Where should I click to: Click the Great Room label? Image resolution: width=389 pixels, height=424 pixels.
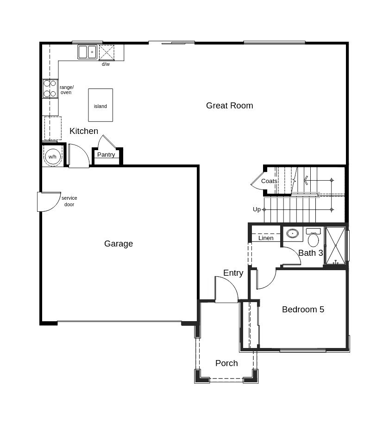coord(229,106)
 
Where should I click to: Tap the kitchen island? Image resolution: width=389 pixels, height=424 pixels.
coord(100,105)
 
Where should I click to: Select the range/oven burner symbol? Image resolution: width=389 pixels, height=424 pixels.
coord(50,89)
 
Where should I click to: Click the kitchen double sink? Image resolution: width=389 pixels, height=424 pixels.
coord(87,52)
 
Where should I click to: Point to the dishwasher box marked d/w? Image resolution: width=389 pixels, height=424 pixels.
coord(107,52)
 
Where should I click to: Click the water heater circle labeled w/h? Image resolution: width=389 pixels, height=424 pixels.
coord(52,156)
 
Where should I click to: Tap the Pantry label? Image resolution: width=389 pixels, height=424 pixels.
coord(106,155)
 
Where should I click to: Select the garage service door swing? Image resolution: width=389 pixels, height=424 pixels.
coord(49,202)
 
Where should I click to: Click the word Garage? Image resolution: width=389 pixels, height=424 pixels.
coord(119,244)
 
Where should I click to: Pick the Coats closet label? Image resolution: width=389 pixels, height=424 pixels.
coord(269,181)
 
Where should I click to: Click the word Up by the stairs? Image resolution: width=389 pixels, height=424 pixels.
coord(257,209)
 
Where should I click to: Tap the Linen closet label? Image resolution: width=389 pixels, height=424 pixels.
coord(266,238)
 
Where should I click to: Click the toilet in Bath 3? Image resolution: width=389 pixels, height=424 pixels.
coord(314,238)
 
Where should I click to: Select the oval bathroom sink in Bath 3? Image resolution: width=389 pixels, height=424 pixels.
coord(292,234)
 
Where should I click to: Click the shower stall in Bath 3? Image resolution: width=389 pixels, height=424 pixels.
coord(336,246)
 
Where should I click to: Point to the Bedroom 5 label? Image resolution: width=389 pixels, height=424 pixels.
coord(303,310)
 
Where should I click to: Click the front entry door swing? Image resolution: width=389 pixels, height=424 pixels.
coord(226,290)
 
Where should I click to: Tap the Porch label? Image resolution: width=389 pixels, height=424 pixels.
coord(226,363)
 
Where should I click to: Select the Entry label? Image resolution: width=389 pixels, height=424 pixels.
coord(233,273)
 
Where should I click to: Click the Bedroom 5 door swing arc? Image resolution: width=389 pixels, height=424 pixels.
coord(266,279)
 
